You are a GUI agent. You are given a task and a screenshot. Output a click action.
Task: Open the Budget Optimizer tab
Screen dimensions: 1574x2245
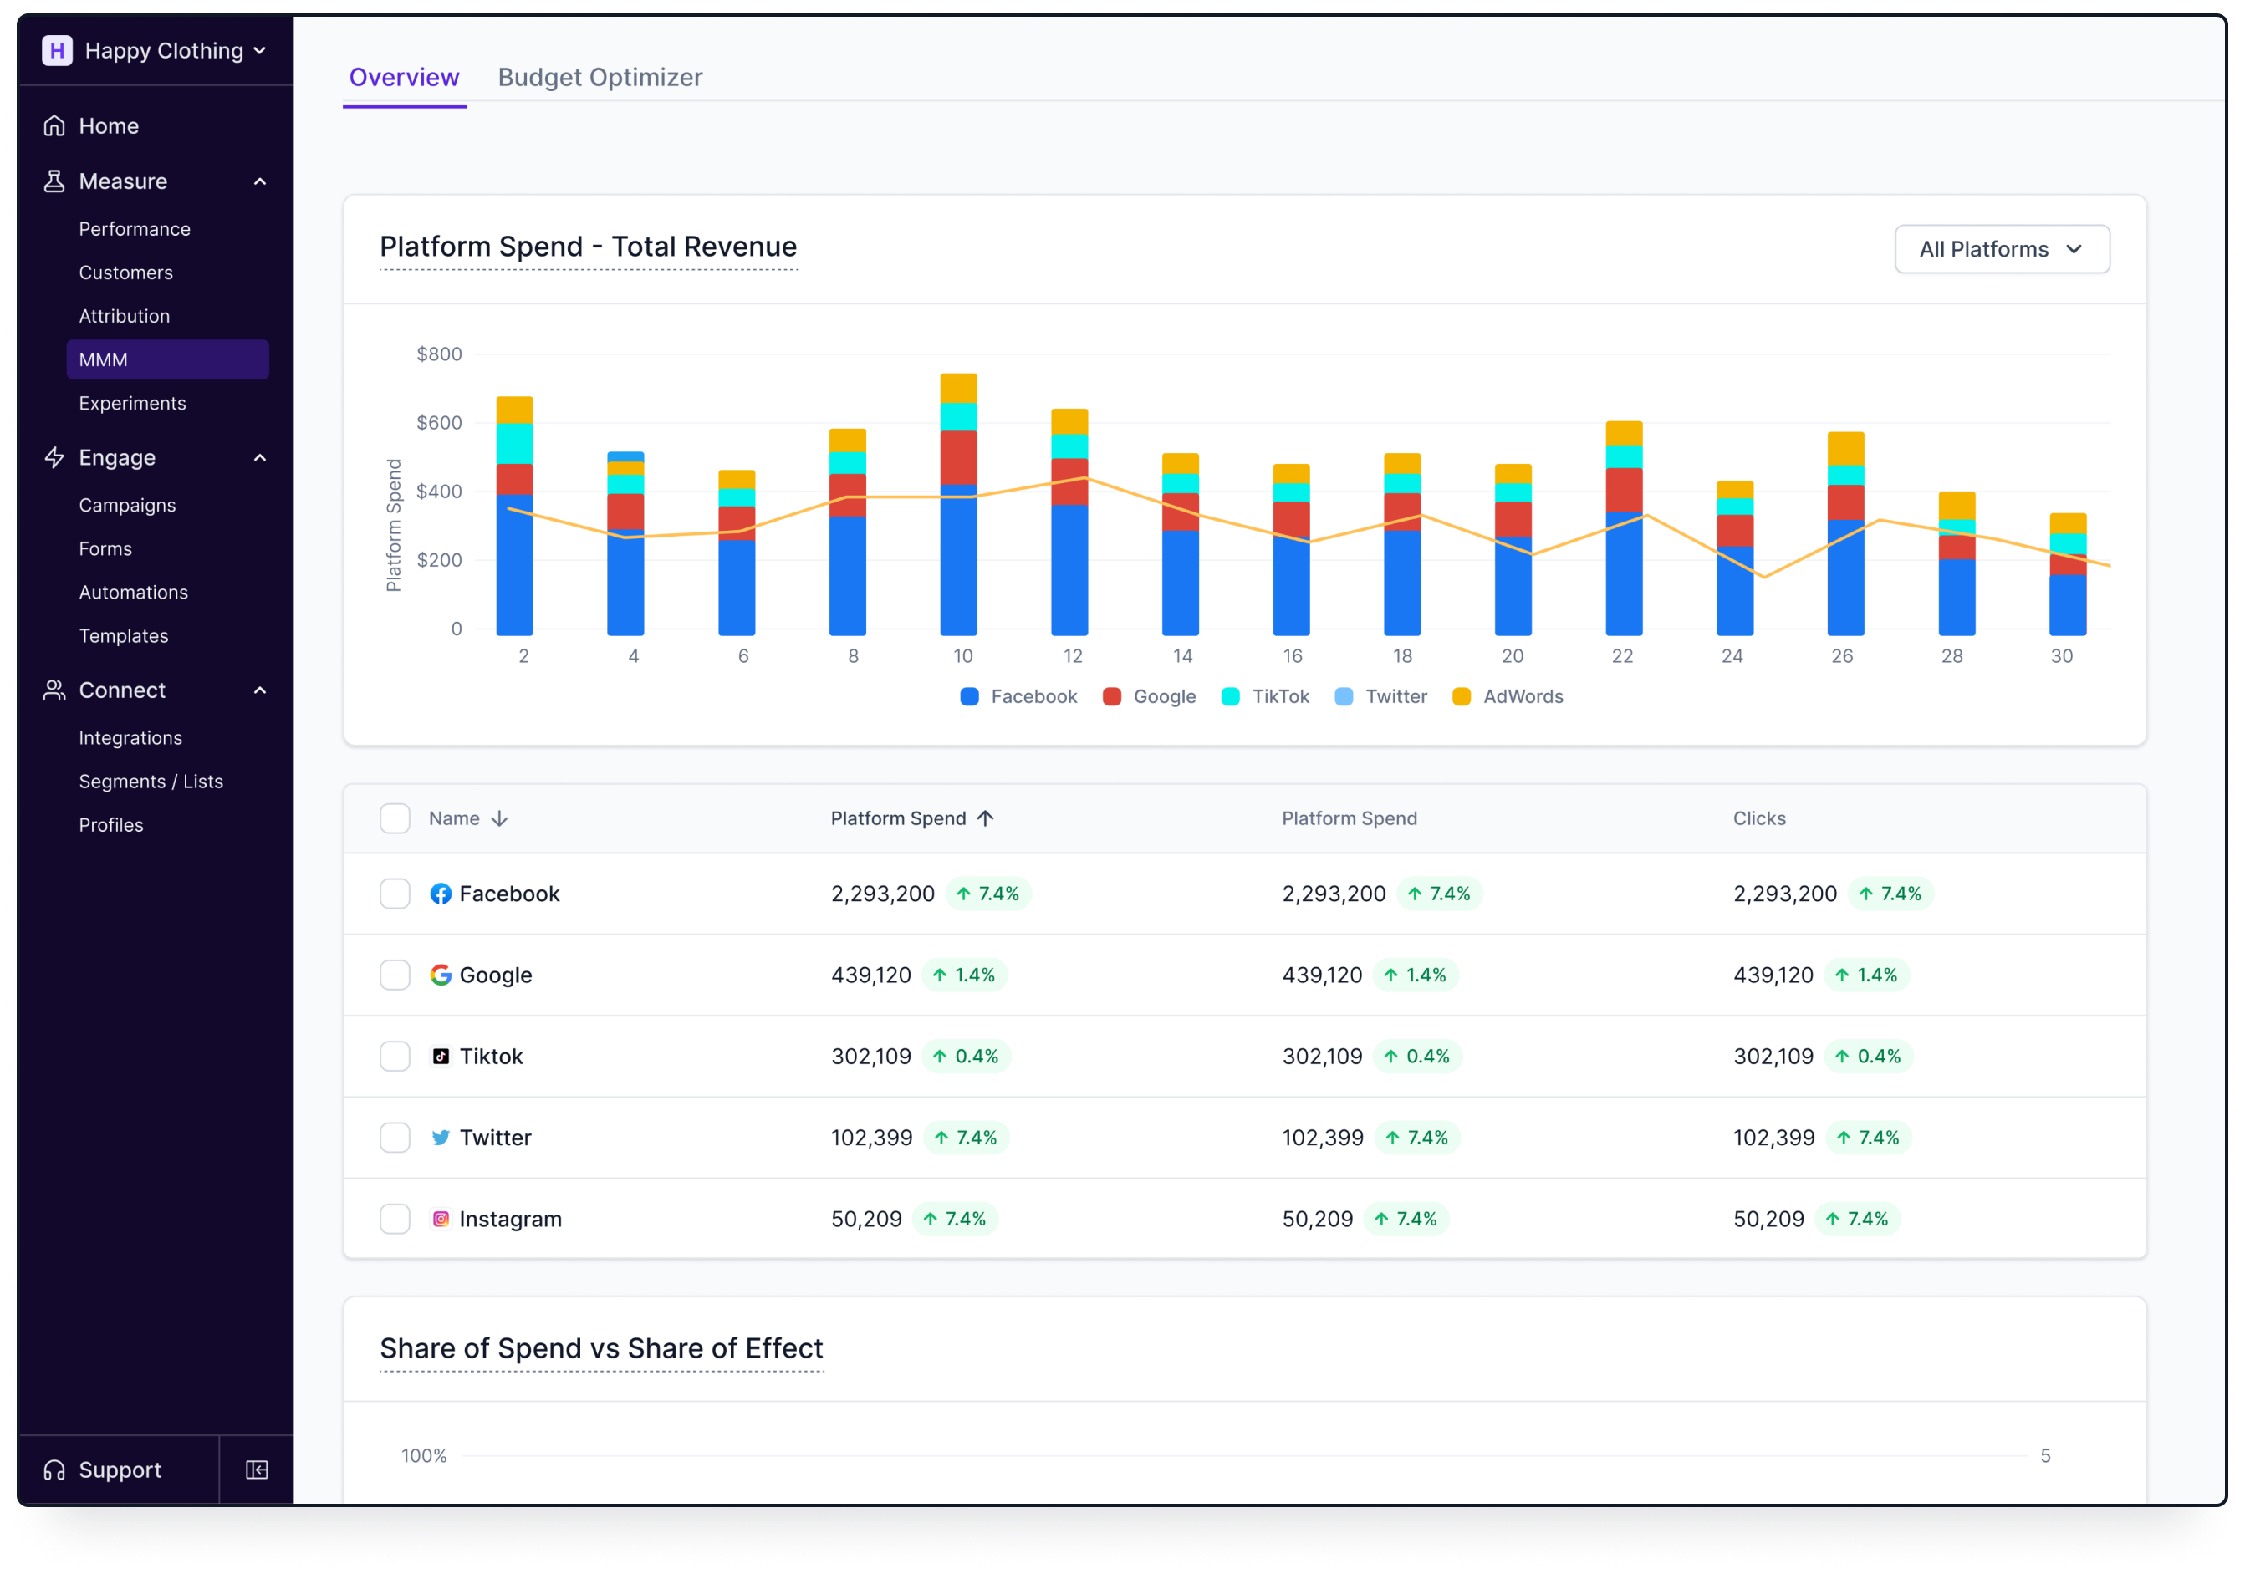click(600, 77)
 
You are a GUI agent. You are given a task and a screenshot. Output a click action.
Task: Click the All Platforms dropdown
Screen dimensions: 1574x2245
click(2001, 249)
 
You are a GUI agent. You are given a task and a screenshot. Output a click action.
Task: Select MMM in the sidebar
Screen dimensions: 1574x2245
click(167, 359)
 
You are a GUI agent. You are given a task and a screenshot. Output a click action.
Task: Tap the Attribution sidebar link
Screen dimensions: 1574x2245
click(125, 316)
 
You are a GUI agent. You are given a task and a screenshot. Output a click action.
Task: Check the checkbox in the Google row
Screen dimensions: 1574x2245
click(395, 975)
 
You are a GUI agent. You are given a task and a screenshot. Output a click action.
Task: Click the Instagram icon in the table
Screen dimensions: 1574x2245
click(441, 1219)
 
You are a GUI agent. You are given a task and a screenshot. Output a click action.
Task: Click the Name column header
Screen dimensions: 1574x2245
click(455, 818)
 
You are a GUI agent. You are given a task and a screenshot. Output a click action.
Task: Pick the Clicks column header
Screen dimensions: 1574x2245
click(1758, 818)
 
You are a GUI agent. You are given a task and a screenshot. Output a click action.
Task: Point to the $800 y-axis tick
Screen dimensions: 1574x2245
click(439, 354)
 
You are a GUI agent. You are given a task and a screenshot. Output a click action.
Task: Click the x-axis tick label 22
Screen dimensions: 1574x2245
click(1622, 656)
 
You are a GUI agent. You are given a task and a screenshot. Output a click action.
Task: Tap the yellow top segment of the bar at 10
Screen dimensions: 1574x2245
click(958, 388)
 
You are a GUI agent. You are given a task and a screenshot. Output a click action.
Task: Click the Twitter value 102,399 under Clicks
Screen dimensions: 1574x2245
click(1773, 1138)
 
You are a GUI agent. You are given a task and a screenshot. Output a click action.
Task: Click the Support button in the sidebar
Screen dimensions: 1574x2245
click(119, 1470)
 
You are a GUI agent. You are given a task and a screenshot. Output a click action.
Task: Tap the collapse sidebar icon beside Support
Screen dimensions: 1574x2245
click(258, 1470)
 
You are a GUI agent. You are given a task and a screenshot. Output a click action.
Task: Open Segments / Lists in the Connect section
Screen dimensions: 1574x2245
click(151, 781)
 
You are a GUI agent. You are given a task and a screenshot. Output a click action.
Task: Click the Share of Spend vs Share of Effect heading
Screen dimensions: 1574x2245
click(600, 1348)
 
